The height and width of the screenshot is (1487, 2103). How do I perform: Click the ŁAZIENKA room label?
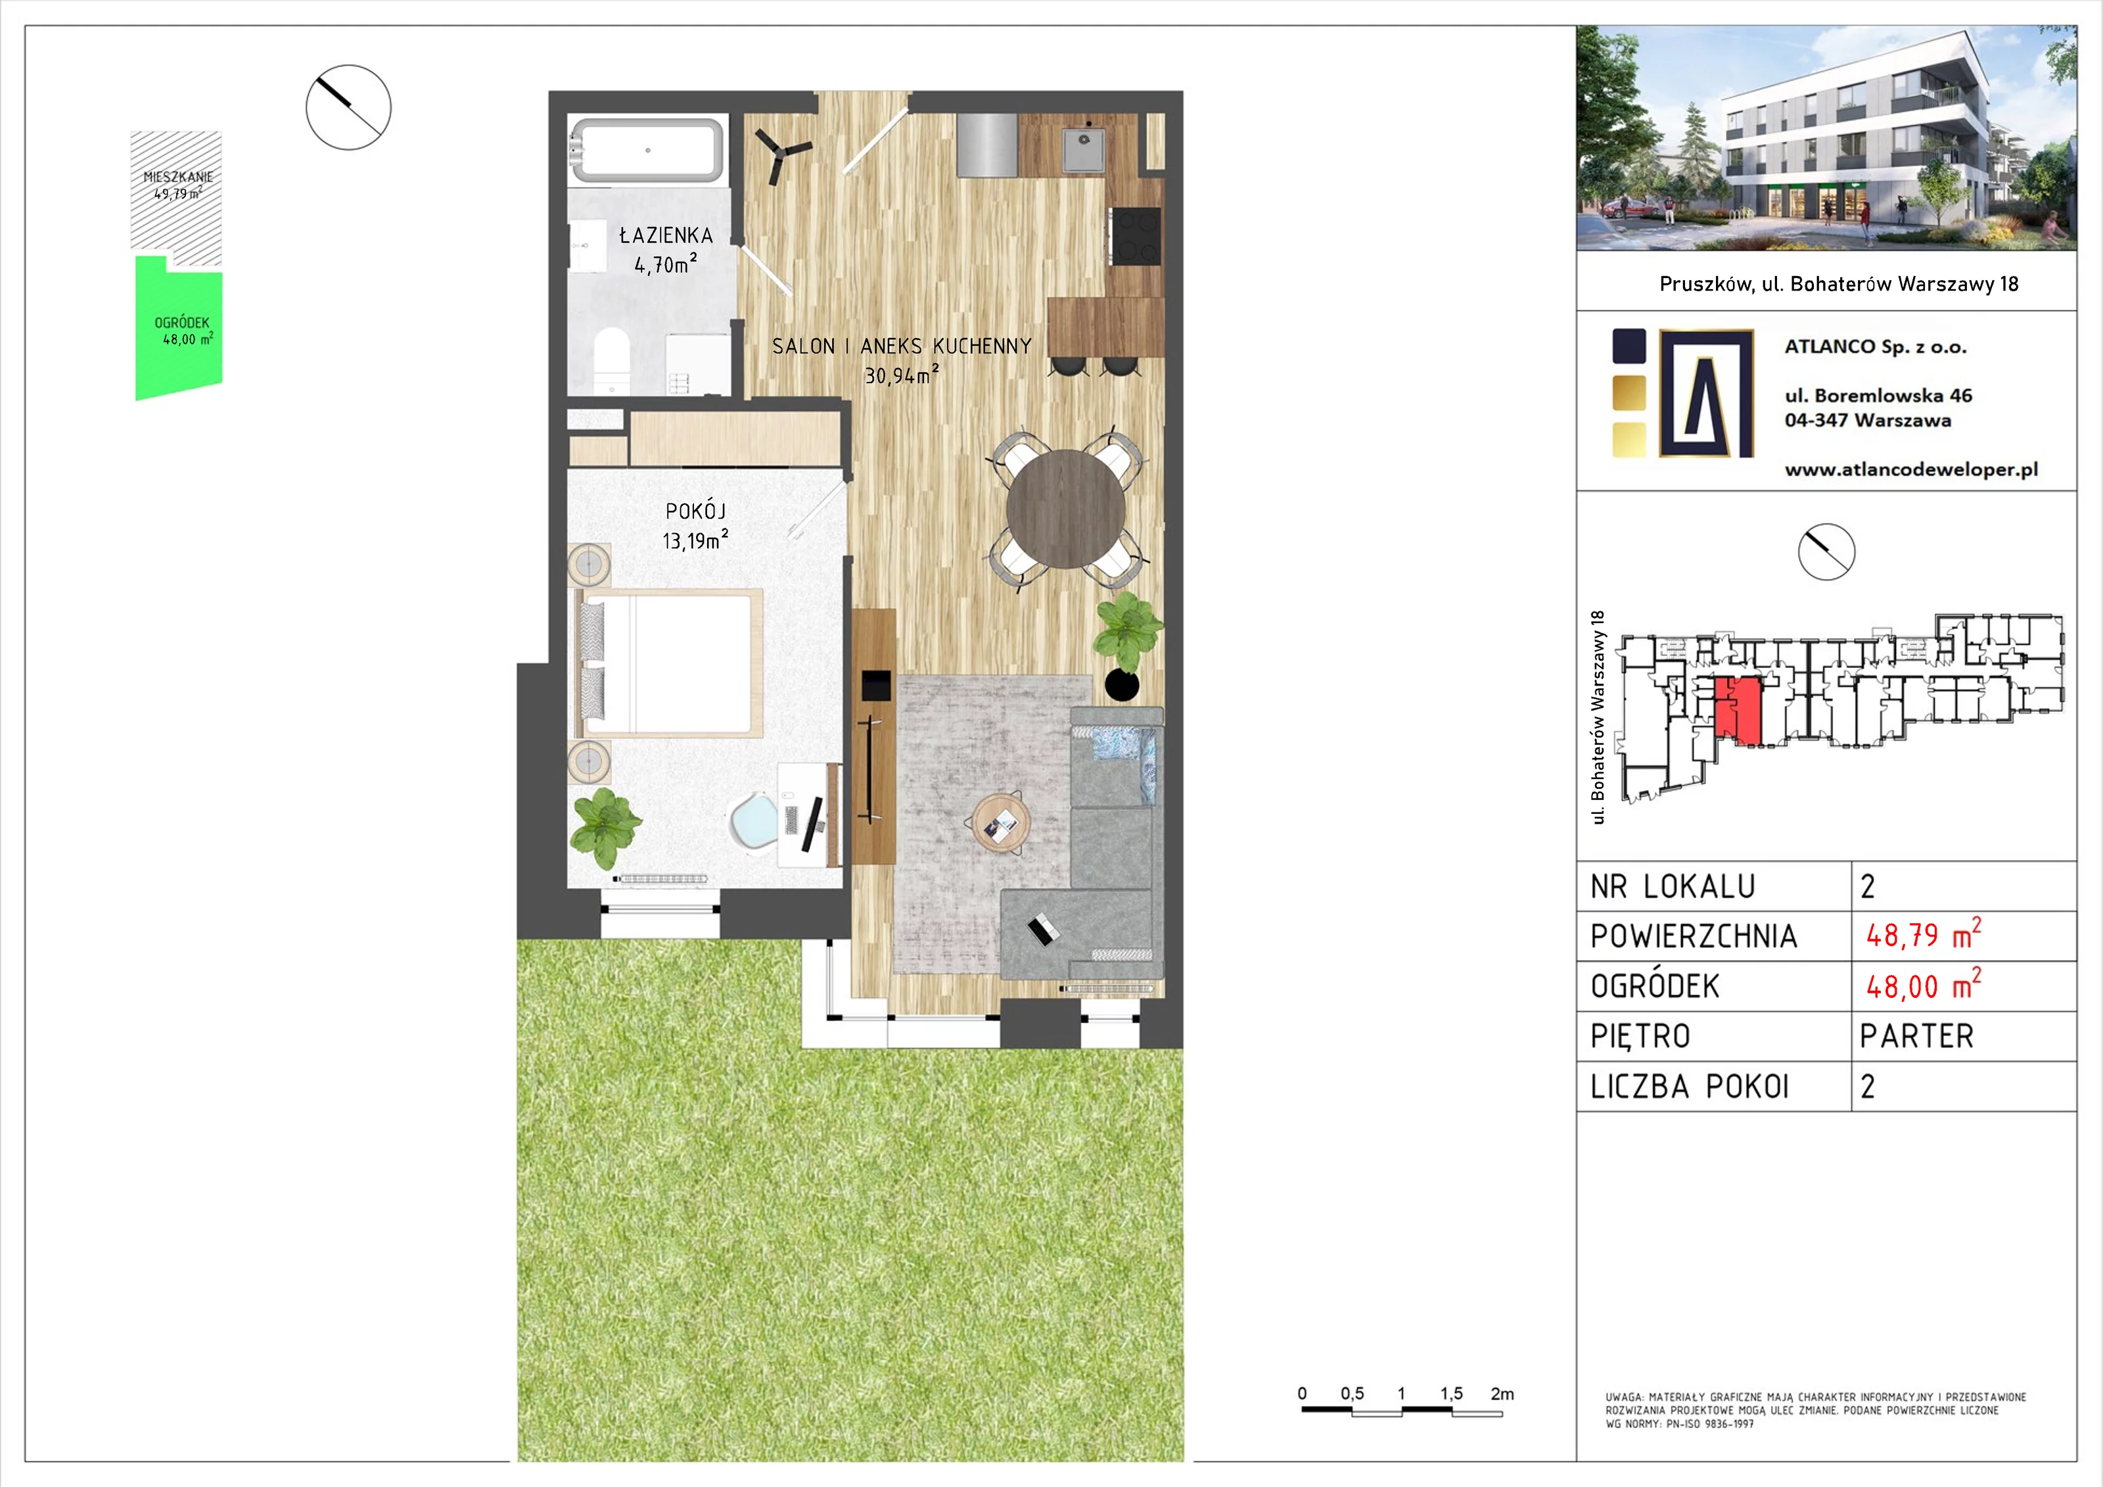666,235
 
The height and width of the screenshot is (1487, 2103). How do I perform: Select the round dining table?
1066,509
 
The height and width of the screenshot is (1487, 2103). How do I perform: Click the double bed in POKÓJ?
668,663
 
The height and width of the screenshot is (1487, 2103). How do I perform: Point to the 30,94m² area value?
902,374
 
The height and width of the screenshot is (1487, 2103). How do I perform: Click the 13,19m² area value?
695,540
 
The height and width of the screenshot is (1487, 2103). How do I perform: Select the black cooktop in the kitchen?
1136,235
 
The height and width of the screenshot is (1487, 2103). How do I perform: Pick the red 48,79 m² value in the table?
1924,935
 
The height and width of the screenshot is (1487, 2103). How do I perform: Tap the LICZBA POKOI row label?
1689,1087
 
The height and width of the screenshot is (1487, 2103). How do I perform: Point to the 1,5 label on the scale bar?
1451,1394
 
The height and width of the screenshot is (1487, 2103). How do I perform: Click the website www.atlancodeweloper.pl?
1910,470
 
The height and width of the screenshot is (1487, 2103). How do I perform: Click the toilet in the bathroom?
611,361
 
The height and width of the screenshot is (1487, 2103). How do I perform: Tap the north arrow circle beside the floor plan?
348,107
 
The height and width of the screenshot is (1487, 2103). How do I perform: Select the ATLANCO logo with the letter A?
1707,393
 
